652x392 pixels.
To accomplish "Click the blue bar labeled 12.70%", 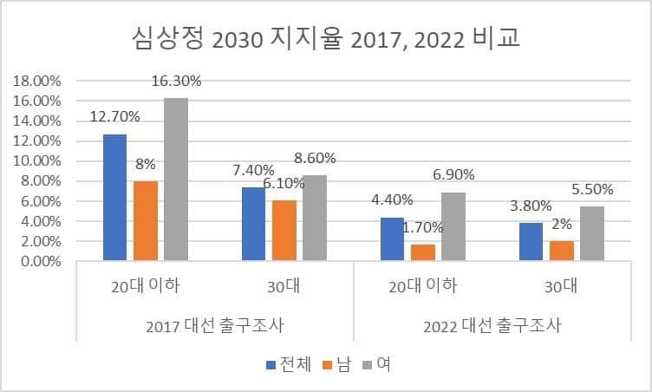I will [x=115, y=197].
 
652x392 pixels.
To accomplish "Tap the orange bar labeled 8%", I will [x=146, y=220].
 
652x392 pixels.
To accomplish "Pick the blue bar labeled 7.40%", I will [x=253, y=223].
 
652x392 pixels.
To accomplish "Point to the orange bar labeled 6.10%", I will [x=284, y=230].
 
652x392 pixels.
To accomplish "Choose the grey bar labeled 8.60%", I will [x=314, y=217].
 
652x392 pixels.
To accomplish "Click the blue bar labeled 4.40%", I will [x=392, y=238].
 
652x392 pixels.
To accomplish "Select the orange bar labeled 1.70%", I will [x=422, y=252].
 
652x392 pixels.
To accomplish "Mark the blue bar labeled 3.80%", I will [x=531, y=241].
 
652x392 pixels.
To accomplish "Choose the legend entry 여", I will [x=382, y=364].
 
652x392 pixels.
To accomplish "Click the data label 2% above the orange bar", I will [x=561, y=223].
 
